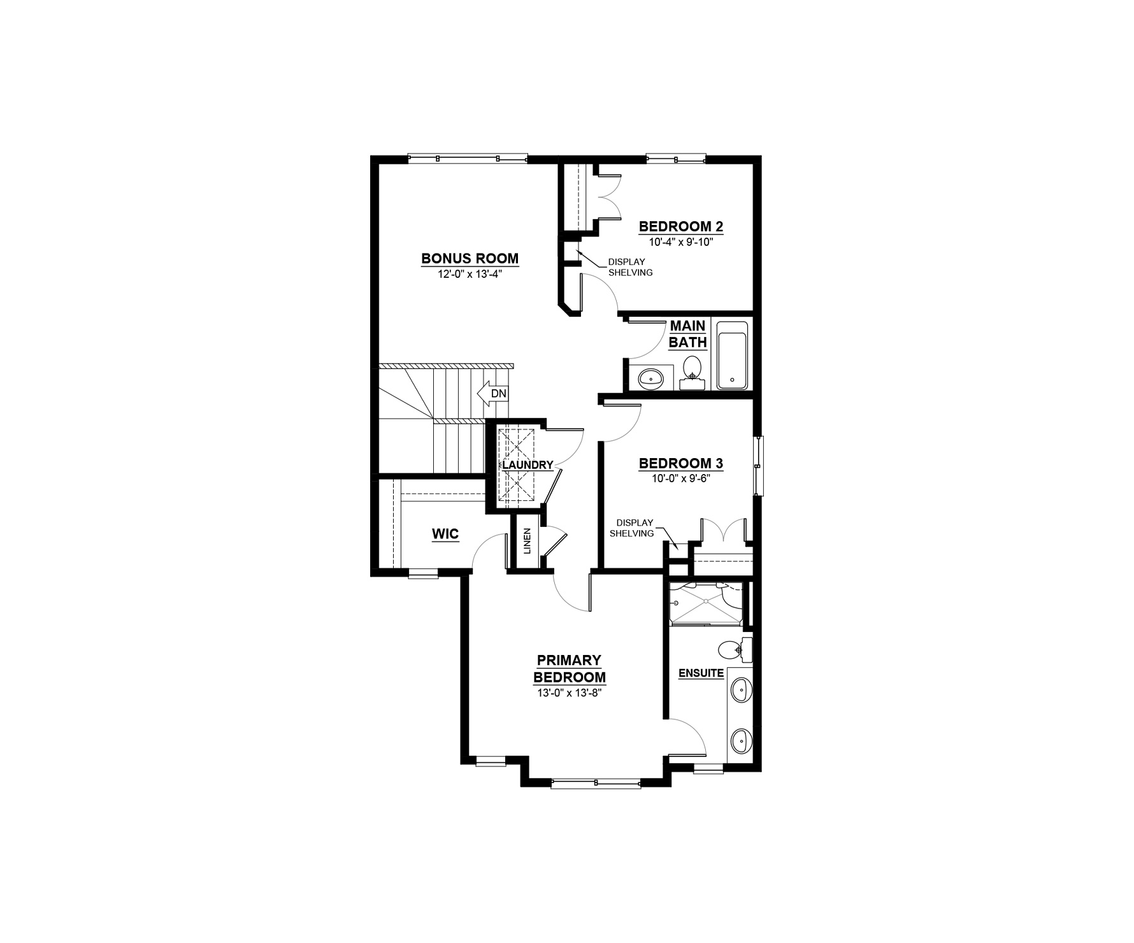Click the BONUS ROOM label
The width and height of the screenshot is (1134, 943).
tap(470, 259)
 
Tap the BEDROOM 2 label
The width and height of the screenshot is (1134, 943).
tap(681, 226)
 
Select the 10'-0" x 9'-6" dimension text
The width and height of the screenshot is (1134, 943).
tap(680, 479)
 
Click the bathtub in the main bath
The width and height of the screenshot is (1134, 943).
tap(732, 356)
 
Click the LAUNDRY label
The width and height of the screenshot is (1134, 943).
tap(528, 465)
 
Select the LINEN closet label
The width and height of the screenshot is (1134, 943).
tap(527, 541)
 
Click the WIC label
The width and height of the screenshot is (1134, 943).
tap(445, 534)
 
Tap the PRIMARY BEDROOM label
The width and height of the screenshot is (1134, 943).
tap(570, 668)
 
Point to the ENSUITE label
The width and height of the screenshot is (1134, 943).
tap(701, 673)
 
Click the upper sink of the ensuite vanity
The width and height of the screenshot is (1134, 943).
tap(740, 690)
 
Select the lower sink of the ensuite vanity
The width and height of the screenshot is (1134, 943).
tap(740, 741)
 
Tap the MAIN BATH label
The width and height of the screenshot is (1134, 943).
tap(687, 335)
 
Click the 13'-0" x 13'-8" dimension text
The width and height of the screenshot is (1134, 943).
tap(570, 693)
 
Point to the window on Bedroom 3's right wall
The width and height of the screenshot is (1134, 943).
tap(758, 466)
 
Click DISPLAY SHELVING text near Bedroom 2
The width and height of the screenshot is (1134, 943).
tap(630, 267)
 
